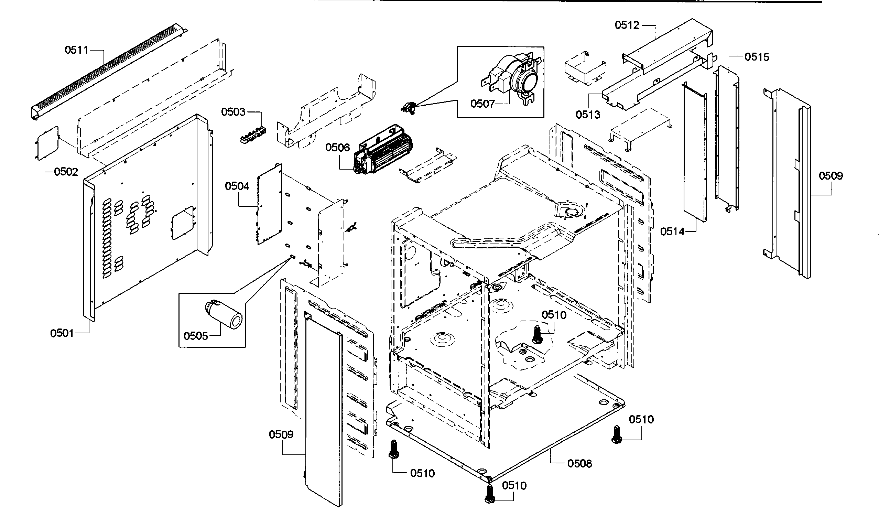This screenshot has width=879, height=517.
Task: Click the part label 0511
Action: tap(76, 50)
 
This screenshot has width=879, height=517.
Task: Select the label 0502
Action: tap(66, 172)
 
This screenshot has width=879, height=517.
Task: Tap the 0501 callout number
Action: tap(62, 334)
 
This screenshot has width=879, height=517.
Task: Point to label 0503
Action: tap(233, 112)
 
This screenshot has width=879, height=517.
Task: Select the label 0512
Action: tap(627, 25)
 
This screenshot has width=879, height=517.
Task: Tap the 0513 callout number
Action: tap(588, 115)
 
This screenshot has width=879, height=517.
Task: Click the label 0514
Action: tap(673, 231)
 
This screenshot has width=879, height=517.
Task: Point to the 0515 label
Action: tap(757, 57)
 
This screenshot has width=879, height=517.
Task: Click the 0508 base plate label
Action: tap(579, 464)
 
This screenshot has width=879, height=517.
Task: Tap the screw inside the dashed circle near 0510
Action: tap(537, 334)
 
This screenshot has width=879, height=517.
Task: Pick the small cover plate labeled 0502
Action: tap(48, 143)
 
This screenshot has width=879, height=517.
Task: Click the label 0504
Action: tap(237, 186)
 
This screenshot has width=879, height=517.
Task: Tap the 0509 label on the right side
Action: tap(831, 176)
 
